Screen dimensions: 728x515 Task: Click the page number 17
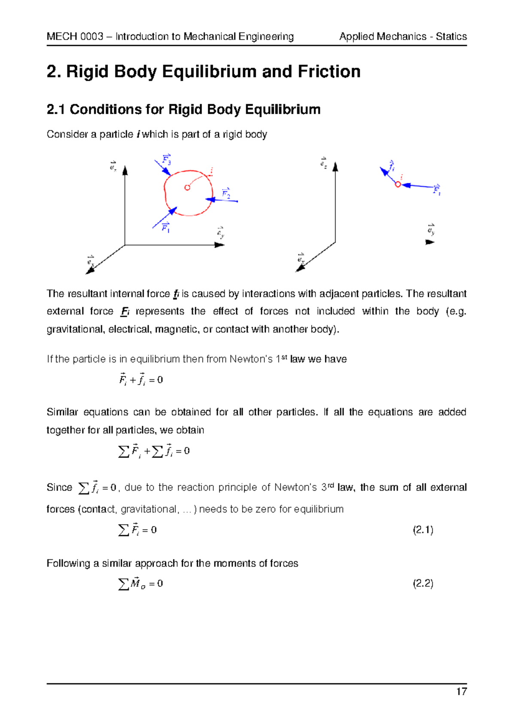(461, 692)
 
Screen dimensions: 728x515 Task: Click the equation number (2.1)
(423, 530)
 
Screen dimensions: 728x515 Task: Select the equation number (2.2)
(423, 584)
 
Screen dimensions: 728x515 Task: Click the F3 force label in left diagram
(167, 160)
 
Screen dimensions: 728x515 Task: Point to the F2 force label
(226, 193)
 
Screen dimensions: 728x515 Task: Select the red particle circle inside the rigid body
(187, 188)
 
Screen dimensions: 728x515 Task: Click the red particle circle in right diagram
(398, 185)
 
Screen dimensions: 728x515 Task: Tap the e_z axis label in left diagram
(113, 166)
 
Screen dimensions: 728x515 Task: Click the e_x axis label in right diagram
(301, 258)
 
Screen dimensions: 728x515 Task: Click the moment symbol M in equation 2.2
(136, 583)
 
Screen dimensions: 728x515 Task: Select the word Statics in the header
(451, 36)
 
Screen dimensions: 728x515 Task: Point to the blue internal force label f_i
(391, 166)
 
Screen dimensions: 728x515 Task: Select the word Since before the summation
(59, 488)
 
